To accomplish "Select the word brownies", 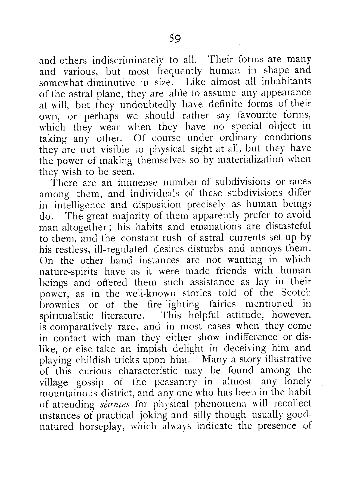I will click(x=60, y=304).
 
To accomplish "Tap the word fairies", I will click(x=223, y=304).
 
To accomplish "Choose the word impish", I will click(x=152, y=349).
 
